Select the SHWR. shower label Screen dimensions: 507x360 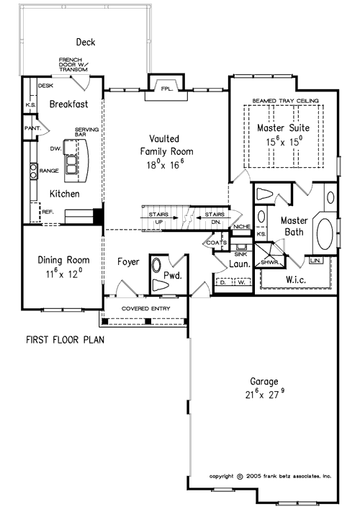point(268,262)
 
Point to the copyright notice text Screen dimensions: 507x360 point(270,476)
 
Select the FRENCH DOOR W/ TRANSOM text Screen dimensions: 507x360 point(74,64)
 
